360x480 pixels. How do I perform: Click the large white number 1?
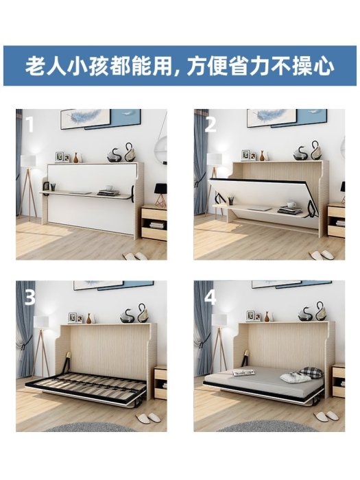[x=29, y=124]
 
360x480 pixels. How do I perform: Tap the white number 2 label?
[x=211, y=124]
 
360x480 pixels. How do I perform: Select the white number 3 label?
[x=30, y=297]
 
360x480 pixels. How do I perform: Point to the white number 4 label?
[x=211, y=297]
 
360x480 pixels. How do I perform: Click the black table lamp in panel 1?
[x=160, y=194]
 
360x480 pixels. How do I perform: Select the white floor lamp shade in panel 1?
[x=28, y=160]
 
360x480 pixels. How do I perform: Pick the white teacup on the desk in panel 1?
[x=109, y=188]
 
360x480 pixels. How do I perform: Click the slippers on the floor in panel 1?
[x=134, y=256]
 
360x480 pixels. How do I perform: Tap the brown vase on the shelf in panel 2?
[x=262, y=156]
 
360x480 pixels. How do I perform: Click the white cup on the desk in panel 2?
[x=291, y=204]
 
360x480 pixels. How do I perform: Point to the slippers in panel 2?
[x=320, y=254]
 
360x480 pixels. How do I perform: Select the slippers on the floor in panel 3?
[x=148, y=418]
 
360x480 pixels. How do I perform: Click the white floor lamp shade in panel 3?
[x=41, y=322]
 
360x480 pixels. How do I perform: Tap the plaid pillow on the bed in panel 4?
[x=311, y=372]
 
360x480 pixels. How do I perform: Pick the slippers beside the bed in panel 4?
[x=326, y=416]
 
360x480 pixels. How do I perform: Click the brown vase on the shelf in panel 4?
[x=267, y=317]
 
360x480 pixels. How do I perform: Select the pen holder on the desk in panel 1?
[x=53, y=187]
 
